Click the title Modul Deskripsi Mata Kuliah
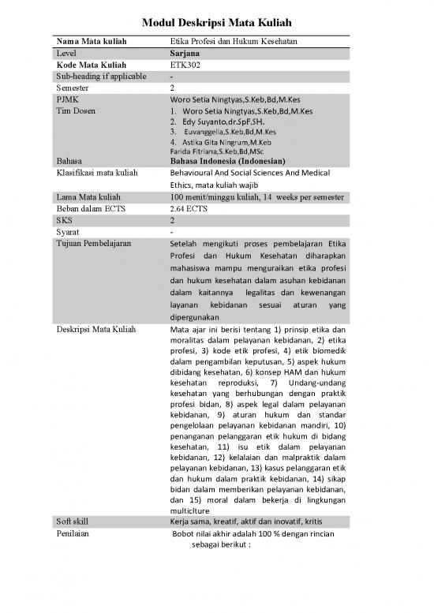point(216,24)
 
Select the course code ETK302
point(186,64)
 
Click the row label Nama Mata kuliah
point(92,40)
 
